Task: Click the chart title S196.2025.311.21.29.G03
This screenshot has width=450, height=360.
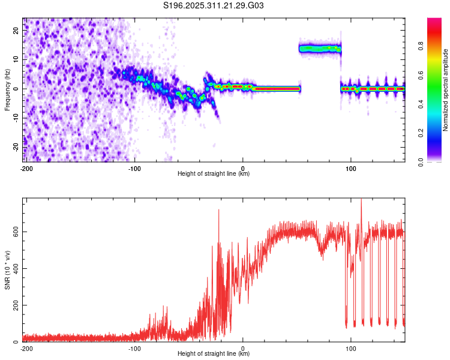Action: (x=214, y=6)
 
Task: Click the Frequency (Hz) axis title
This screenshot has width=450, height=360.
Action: (x=7, y=89)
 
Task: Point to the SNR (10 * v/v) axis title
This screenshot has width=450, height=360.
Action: (x=7, y=270)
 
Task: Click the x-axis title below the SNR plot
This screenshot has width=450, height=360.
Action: (x=214, y=354)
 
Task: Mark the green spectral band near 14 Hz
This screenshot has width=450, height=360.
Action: (x=320, y=49)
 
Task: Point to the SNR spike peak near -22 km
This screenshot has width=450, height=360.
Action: (x=218, y=211)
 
